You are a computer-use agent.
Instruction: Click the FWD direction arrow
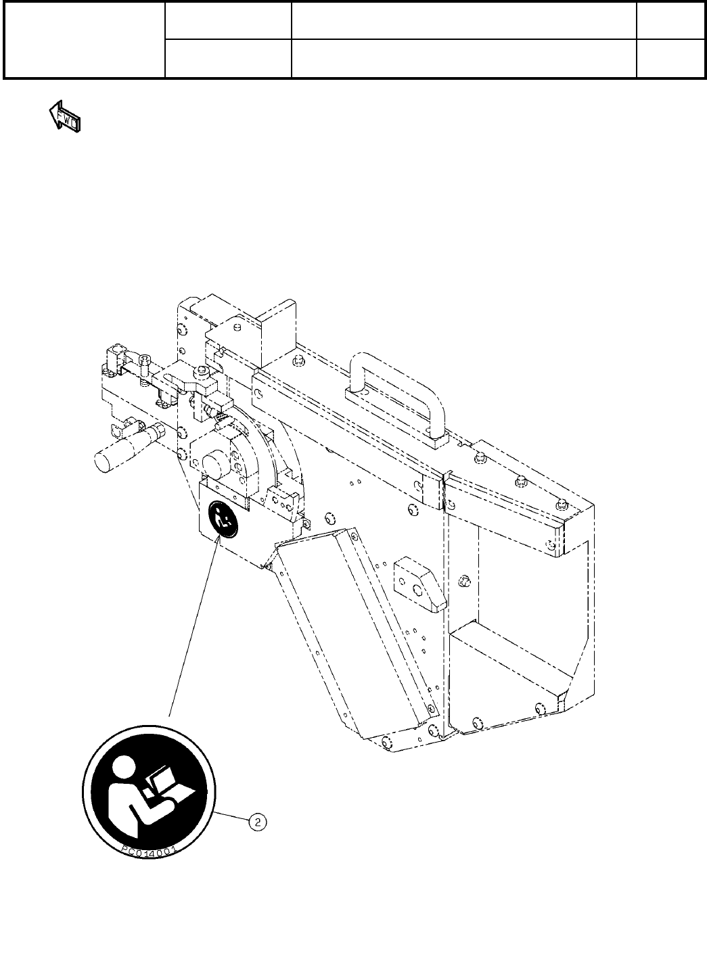click(64, 117)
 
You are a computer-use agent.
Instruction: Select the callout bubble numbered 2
click(258, 822)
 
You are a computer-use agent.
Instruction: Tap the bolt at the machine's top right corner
click(562, 501)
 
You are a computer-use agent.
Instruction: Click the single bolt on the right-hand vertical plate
click(463, 580)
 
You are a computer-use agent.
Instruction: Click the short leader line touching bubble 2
click(233, 816)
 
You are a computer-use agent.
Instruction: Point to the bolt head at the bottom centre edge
click(388, 743)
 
